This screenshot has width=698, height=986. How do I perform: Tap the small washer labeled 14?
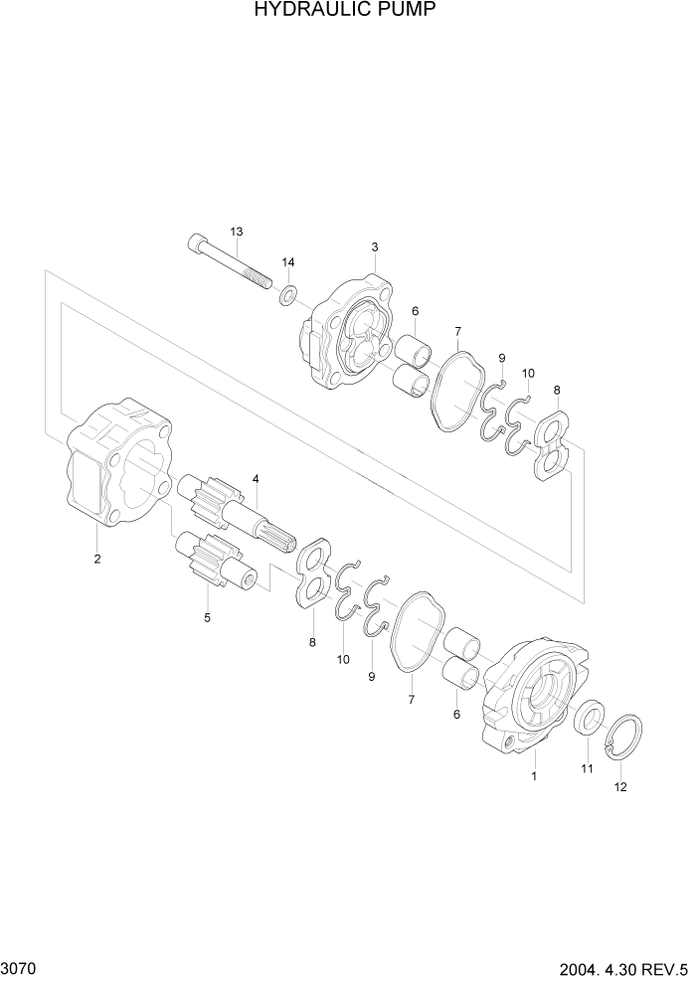288,294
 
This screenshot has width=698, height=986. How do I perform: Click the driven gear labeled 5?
214,561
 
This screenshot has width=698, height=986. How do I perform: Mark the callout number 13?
236,232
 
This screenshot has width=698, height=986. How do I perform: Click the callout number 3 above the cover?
375,246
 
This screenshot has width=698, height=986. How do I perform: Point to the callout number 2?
97,559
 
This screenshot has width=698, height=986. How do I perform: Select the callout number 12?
621,787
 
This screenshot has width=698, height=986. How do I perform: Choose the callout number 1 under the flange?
534,776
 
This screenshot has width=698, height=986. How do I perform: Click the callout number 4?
256,479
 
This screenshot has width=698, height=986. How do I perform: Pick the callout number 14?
288,262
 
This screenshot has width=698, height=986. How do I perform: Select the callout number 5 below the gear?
207,617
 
